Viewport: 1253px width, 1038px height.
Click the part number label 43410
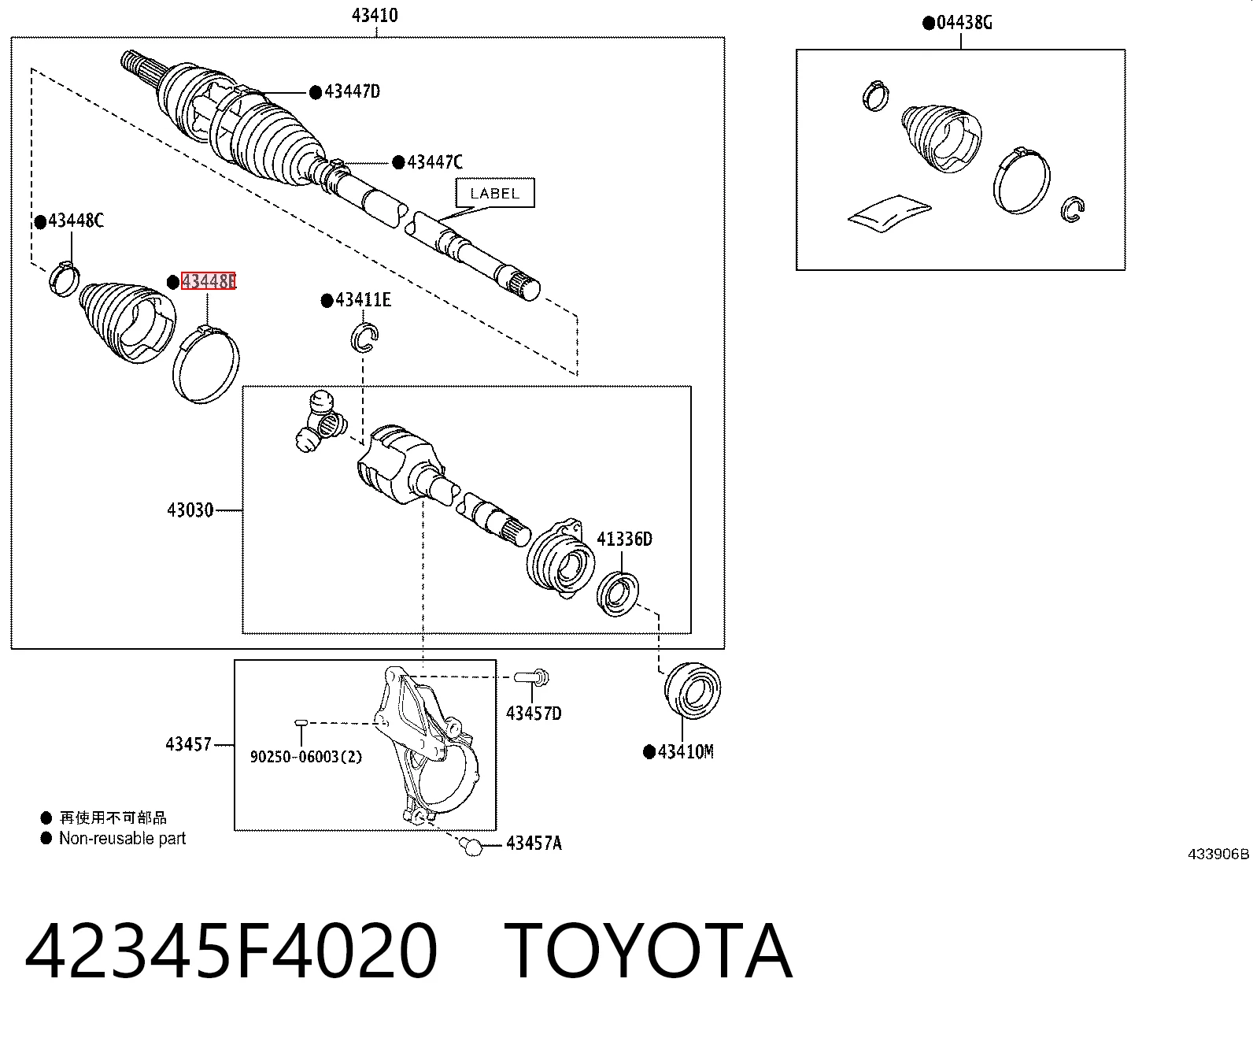(375, 15)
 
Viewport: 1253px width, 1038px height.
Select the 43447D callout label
(353, 91)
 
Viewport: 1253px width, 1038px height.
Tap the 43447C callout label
(435, 161)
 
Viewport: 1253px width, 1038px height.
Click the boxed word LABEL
(495, 194)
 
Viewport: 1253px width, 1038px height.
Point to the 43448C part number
(76, 221)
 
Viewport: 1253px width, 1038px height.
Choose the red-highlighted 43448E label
(209, 281)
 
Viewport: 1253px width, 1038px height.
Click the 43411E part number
(363, 299)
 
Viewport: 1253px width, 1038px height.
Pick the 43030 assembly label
(190, 510)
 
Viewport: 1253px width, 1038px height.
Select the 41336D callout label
(624, 539)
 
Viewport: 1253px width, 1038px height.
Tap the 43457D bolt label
(534, 713)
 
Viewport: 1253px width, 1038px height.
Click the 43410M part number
(686, 751)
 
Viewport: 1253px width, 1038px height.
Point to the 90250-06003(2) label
(307, 756)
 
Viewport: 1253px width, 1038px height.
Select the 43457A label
(534, 843)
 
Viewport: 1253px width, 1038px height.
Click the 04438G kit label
(964, 23)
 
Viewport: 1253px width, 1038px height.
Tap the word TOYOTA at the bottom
(648, 952)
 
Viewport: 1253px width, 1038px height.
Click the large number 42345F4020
(231, 952)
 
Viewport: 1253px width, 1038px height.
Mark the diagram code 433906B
(1218, 854)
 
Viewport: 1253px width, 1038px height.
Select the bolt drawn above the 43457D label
(532, 677)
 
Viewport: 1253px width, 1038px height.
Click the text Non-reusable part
(123, 838)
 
